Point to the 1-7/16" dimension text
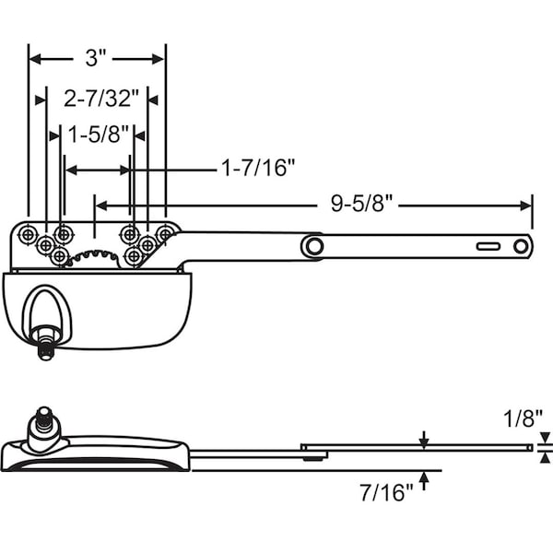(x=257, y=169)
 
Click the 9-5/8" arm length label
(x=363, y=205)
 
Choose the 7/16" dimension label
(x=382, y=493)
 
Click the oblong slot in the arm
(x=487, y=246)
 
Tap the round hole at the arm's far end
(x=521, y=246)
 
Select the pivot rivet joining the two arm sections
(x=314, y=246)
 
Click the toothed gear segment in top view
(x=96, y=256)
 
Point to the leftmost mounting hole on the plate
(x=29, y=236)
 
